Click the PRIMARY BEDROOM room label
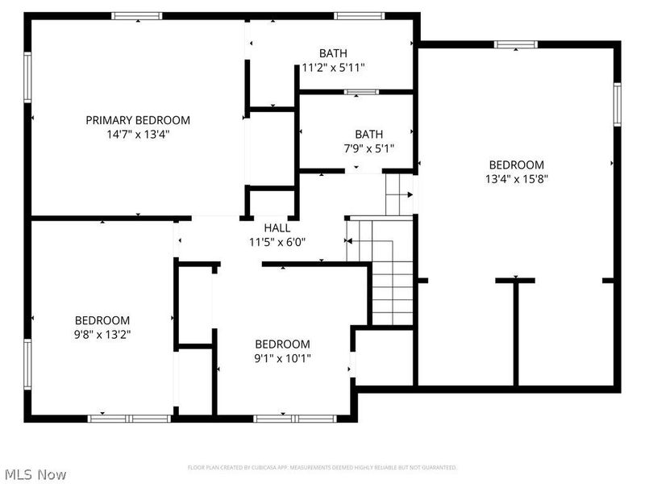click(138, 120)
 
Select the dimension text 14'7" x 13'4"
click(138, 135)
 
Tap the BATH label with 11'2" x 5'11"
click(333, 53)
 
